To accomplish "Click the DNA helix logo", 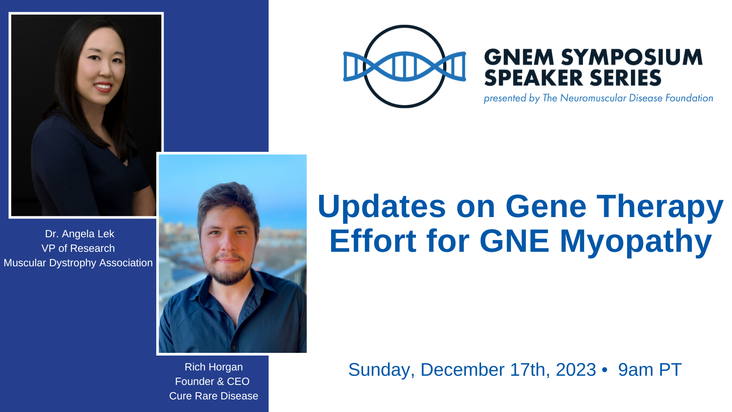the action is (405, 66).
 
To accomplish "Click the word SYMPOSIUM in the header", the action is (632, 57).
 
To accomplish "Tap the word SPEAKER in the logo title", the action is (531, 78).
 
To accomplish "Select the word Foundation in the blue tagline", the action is (689, 98).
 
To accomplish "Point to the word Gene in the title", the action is (546, 206).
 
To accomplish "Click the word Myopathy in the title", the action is (636, 242).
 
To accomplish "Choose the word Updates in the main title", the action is (382, 206).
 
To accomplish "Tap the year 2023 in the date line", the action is (576, 370).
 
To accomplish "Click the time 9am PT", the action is (650, 370).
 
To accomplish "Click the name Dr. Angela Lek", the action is (80, 234).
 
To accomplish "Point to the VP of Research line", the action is (78, 248).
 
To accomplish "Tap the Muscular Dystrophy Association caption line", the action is (78, 263).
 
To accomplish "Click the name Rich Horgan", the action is (214, 367).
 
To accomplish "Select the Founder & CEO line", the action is (212, 381).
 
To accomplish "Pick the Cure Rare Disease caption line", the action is (214, 396).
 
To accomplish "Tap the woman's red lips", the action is (103, 87).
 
